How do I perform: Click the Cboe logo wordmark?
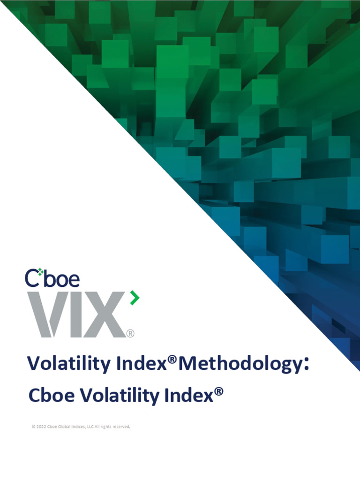52,278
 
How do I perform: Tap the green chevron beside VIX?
135,298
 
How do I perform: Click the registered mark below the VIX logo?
130,333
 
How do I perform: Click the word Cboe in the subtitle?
48,396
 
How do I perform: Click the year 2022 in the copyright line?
41,427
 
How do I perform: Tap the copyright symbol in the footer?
33,427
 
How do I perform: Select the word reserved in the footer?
119,427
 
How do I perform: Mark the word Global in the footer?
65,427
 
